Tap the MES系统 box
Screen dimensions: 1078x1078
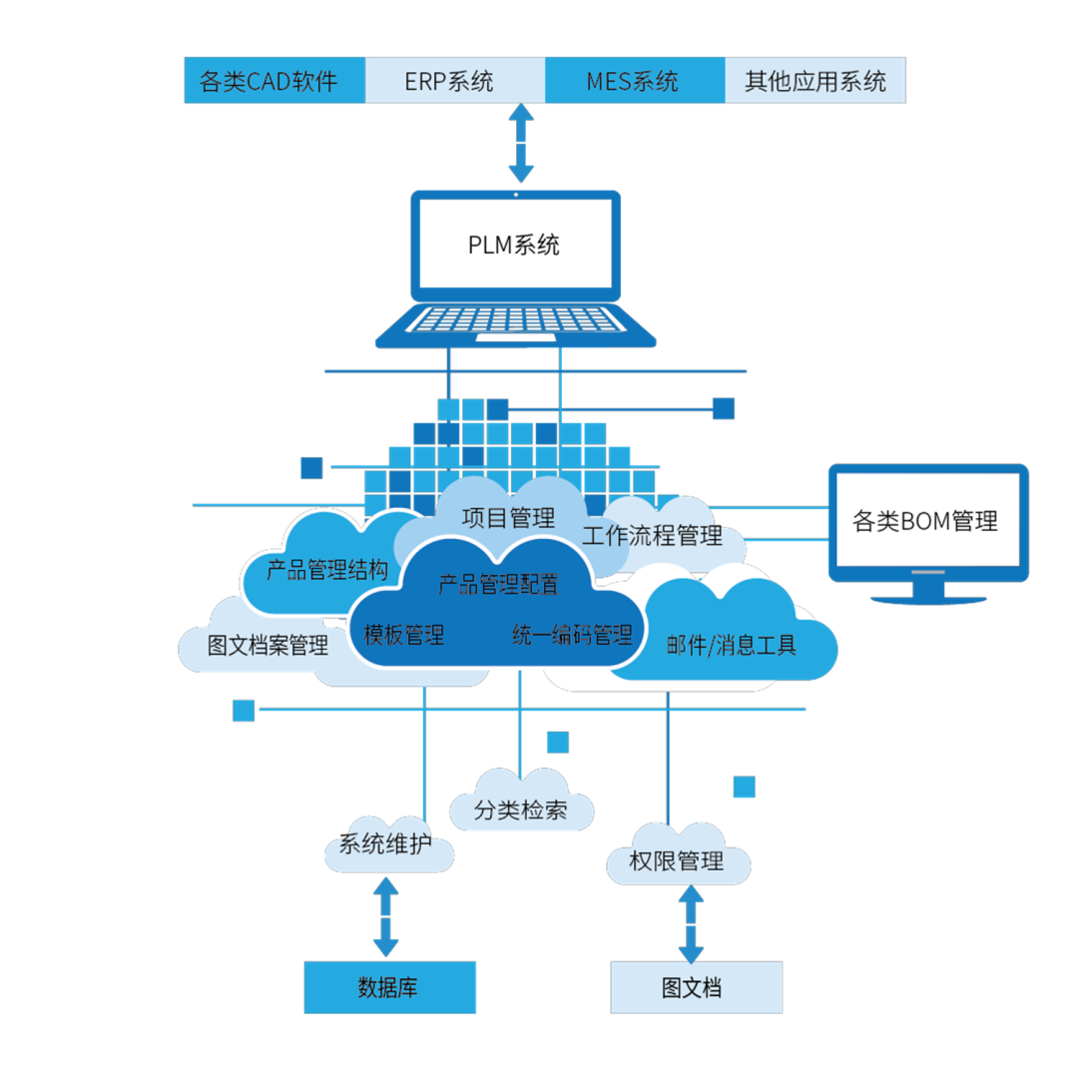click(x=635, y=81)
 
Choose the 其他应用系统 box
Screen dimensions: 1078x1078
click(x=814, y=81)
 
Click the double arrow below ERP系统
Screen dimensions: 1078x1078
click(x=521, y=142)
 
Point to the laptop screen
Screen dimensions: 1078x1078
click(x=516, y=244)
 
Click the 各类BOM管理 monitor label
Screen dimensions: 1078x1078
click(x=926, y=520)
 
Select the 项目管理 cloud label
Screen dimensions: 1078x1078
click(x=508, y=517)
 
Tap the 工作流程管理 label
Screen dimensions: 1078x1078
click(x=652, y=536)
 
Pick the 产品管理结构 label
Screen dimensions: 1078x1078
click(x=326, y=571)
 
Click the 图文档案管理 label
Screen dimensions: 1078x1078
click(x=268, y=645)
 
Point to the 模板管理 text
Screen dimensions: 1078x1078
click(x=404, y=634)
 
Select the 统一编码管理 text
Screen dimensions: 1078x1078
click(x=572, y=634)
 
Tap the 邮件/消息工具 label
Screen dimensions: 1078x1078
click(x=731, y=645)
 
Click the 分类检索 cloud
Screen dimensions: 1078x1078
click(x=521, y=810)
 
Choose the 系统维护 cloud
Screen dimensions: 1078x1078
click(x=385, y=845)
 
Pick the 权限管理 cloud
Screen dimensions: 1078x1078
click(x=677, y=860)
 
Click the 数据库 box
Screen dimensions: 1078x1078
click(x=389, y=988)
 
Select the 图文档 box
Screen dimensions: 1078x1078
click(x=696, y=988)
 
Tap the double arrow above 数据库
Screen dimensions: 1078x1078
click(x=386, y=916)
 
